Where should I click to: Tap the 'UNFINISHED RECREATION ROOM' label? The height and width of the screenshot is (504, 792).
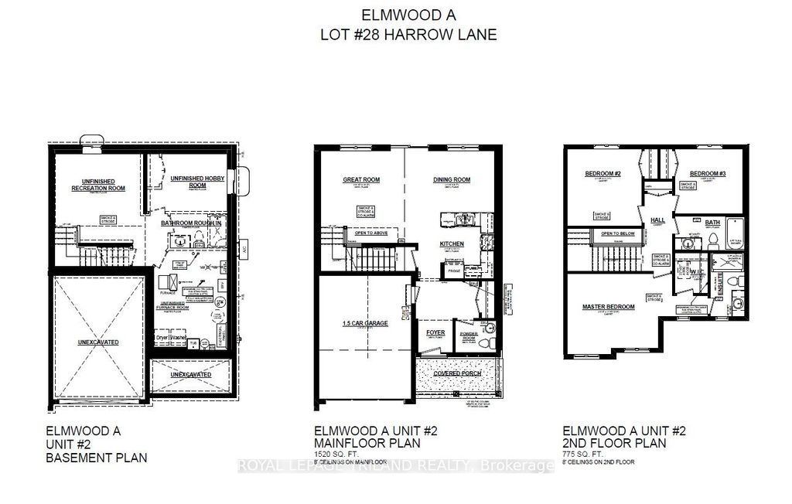[98, 184]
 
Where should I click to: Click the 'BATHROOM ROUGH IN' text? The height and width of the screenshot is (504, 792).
[192, 223]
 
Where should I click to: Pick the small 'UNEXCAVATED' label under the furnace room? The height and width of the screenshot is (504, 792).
[190, 374]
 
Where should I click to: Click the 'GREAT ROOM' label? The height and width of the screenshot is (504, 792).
[362, 179]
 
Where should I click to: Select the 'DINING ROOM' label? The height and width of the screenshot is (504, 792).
[452, 179]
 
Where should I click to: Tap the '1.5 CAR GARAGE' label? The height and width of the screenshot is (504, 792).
[365, 323]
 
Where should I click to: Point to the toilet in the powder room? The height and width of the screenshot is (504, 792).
[484, 339]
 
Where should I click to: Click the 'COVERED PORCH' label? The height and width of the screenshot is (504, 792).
[459, 373]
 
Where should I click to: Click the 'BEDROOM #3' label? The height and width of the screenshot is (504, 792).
[707, 173]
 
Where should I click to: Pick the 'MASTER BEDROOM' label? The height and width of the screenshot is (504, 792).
[608, 307]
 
